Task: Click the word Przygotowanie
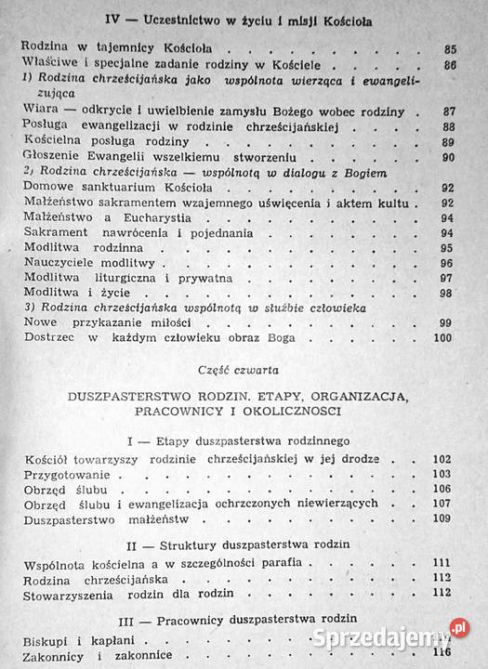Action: pos(62,475)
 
